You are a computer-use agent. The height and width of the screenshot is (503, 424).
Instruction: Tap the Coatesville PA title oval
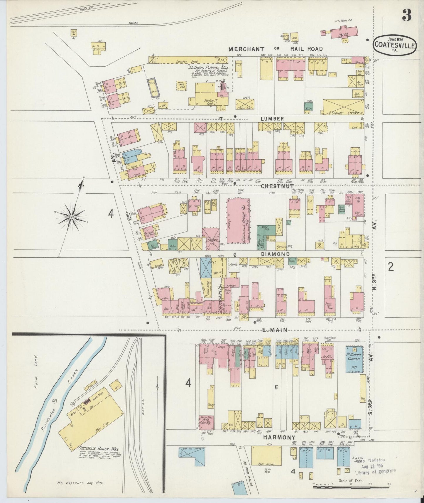(x=395, y=45)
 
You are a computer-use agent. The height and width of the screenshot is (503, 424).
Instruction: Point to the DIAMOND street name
(x=271, y=254)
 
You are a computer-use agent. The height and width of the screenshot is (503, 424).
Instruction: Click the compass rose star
(x=71, y=217)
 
